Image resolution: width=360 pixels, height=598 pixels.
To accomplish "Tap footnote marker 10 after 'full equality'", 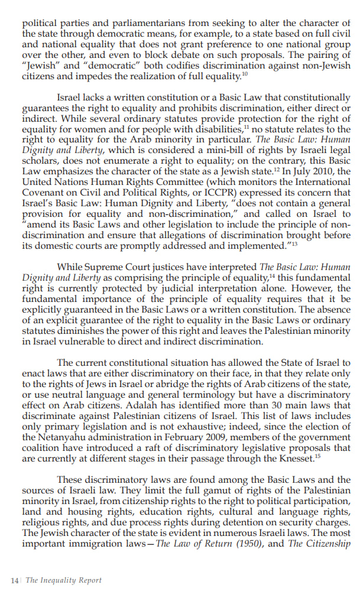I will (x=245, y=74).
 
